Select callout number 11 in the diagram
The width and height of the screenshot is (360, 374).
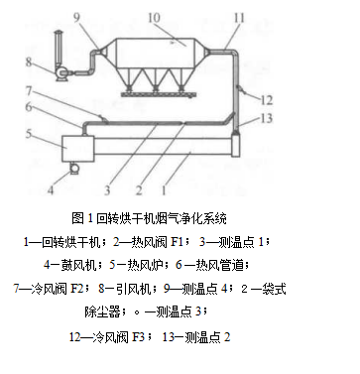pos(238,18)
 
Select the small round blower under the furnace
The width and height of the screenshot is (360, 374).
pos(70,176)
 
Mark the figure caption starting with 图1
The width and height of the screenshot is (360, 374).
pos(150,217)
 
